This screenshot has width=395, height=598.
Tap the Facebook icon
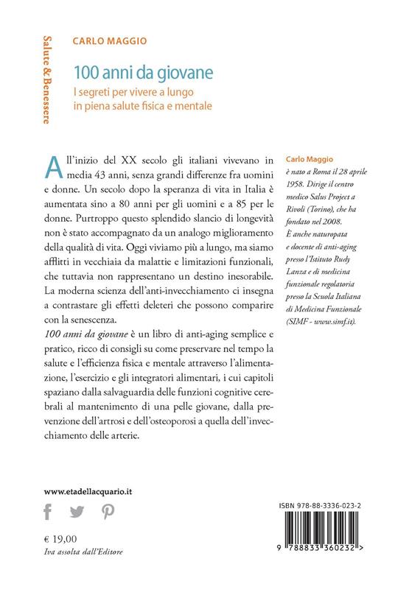tap(49, 512)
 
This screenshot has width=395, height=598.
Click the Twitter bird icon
tap(77, 513)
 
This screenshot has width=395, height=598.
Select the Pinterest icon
tap(108, 513)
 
